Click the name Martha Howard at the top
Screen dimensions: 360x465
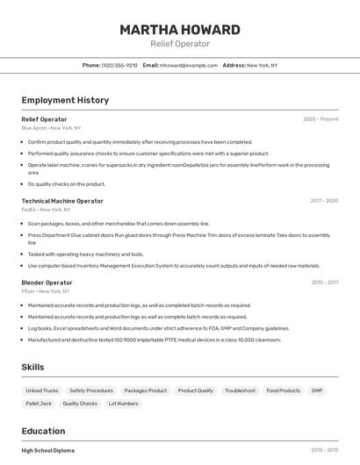point(180,30)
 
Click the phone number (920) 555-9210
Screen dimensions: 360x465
point(119,65)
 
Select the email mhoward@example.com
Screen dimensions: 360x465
point(188,65)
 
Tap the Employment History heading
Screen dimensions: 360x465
point(65,100)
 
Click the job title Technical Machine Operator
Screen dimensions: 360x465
point(62,201)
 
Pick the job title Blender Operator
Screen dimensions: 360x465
point(47,283)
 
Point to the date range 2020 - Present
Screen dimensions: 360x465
point(320,119)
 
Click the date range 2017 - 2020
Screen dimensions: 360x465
point(324,201)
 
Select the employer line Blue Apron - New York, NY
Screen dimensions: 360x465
point(51,128)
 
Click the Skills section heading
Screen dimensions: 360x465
point(32,367)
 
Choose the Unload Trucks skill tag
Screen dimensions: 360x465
point(42,390)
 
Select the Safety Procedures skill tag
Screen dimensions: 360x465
point(91,390)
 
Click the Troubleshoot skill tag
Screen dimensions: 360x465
point(240,390)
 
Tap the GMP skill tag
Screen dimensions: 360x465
point(317,390)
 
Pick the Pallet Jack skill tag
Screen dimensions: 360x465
point(39,404)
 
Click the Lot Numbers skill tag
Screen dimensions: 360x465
point(124,404)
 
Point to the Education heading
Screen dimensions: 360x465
point(43,431)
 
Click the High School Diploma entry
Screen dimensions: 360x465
point(48,450)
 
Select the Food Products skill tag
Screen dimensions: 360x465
point(284,390)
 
